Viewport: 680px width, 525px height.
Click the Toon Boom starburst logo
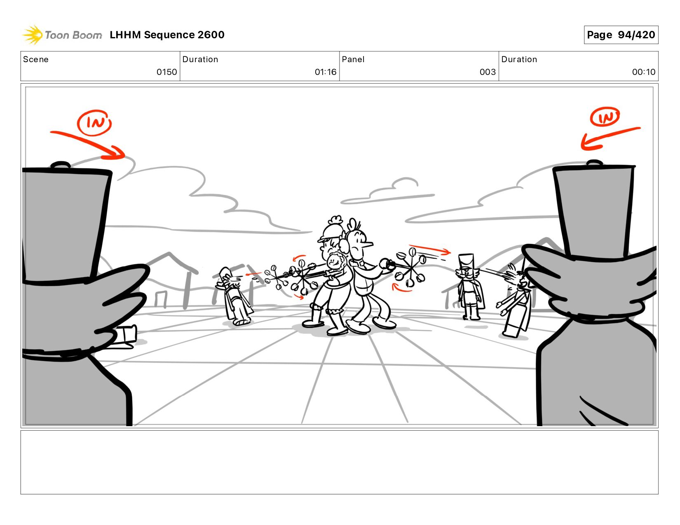pyautogui.click(x=33, y=35)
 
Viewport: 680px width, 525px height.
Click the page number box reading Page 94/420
pyautogui.click(x=621, y=35)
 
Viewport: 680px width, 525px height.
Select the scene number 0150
pyautogui.click(x=166, y=72)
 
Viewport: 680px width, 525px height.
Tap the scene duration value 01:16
pyautogui.click(x=326, y=72)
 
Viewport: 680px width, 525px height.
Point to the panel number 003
pyautogui.click(x=488, y=72)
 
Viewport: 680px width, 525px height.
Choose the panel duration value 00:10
pyautogui.click(x=643, y=72)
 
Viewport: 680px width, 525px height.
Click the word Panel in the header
pyautogui.click(x=353, y=59)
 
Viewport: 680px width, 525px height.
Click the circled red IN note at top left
pyautogui.click(x=94, y=123)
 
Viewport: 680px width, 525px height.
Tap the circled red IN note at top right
pyautogui.click(x=605, y=117)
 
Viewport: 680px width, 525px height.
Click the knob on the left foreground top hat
pyautogui.click(x=61, y=165)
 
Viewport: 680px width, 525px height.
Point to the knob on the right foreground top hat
pyautogui.click(x=594, y=163)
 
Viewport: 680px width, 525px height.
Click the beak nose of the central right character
pyautogui.click(x=368, y=243)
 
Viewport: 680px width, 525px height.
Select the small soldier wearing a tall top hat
pyautogui.click(x=469, y=287)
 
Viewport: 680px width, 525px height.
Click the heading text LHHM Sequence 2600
pyautogui.click(x=167, y=35)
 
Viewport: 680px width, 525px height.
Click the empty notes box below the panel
pyautogui.click(x=340, y=462)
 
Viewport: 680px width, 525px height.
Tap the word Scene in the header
pyautogui.click(x=36, y=59)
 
